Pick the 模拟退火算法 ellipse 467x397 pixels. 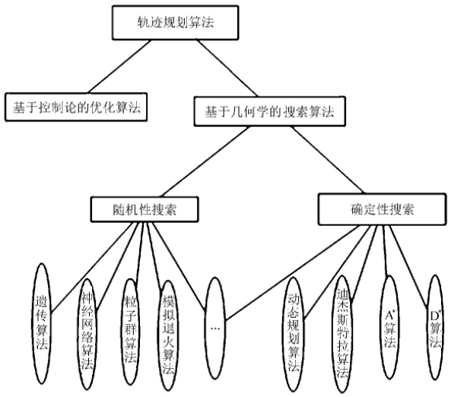pyautogui.click(x=170, y=327)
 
